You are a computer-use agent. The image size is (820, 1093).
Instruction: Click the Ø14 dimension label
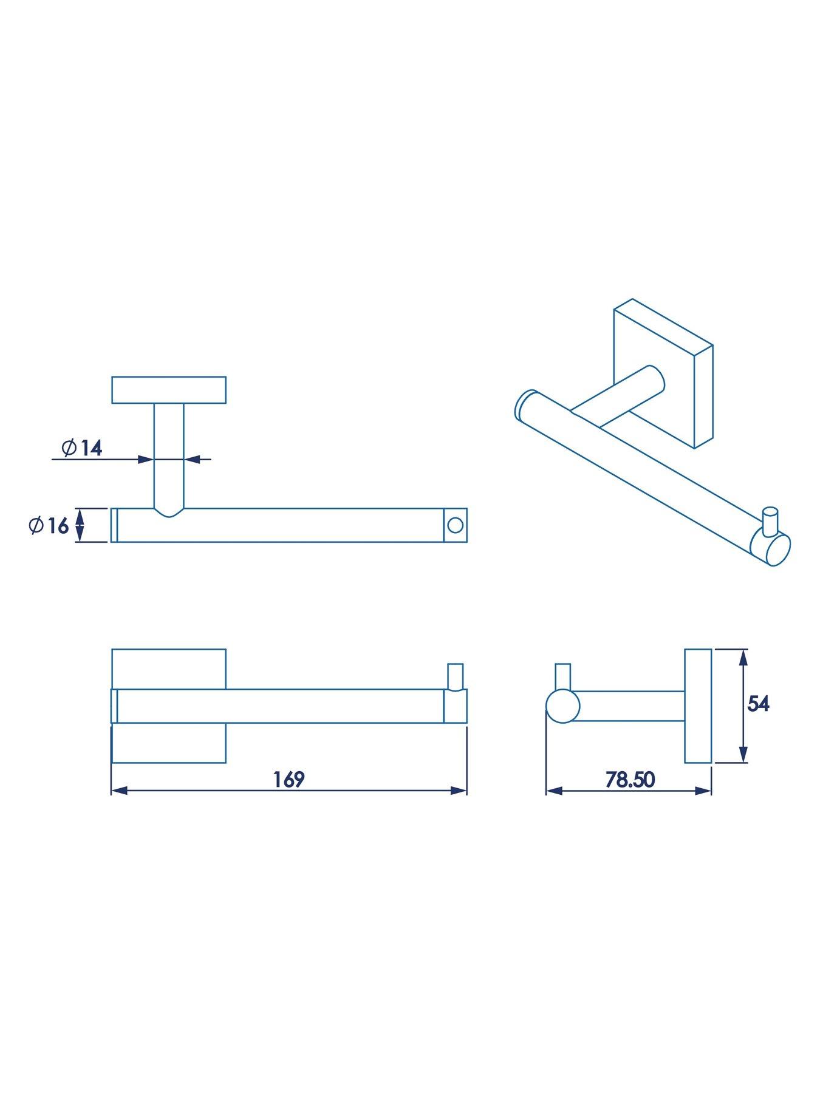click(82, 448)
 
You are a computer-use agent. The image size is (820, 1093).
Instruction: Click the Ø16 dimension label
click(49, 525)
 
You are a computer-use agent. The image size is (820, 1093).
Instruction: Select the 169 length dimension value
click(289, 779)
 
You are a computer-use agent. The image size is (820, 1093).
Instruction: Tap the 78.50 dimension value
click(630, 779)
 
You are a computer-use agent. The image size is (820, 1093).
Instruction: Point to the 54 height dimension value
click(758, 704)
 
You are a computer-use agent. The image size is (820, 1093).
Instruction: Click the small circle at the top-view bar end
click(454, 525)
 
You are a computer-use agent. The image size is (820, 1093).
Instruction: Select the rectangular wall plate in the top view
click(169, 390)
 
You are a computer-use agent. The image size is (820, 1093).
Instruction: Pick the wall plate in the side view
click(698, 706)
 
